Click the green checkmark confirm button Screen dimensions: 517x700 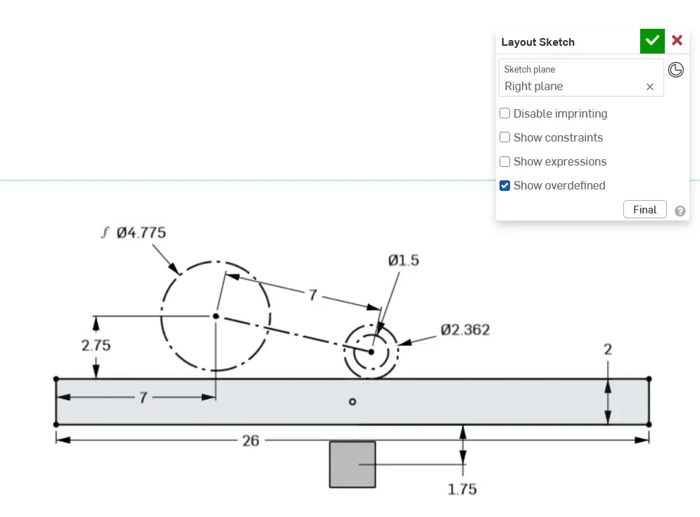tap(652, 41)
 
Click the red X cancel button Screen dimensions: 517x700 tap(677, 41)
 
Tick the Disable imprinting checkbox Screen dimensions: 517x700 tap(505, 113)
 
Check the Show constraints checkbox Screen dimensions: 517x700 tap(505, 137)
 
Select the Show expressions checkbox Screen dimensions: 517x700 tap(505, 161)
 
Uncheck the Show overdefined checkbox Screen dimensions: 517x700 tap(505, 185)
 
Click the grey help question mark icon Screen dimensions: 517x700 tap(680, 211)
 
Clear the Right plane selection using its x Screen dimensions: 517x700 tap(650, 87)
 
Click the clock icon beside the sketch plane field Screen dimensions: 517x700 tap(676, 70)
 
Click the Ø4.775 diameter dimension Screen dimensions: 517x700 tap(141, 232)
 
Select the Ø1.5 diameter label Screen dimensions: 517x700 tap(403, 261)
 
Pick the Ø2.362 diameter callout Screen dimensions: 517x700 tap(465, 330)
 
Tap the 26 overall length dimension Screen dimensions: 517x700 tap(250, 440)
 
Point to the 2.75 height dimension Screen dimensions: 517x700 tap(96, 346)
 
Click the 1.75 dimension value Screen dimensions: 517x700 tap(462, 489)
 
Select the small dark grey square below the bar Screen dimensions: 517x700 tap(352, 464)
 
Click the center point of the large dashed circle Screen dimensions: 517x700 tap(216, 316)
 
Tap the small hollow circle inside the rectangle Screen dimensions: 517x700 tap(352, 401)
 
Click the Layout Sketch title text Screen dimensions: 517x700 tap(537, 42)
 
